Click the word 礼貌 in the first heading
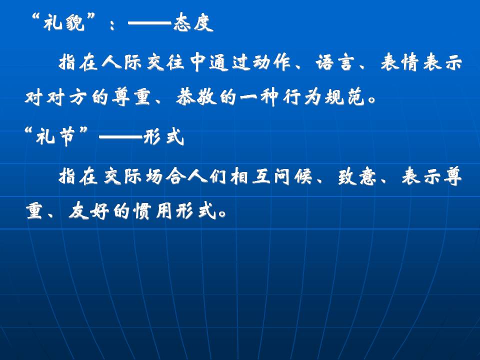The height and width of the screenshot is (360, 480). (63, 22)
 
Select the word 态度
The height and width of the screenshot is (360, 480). (193, 22)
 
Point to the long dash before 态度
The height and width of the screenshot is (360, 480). (149, 22)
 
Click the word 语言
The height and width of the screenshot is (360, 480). (334, 62)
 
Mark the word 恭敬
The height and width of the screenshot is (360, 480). (196, 97)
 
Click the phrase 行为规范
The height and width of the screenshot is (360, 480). (323, 97)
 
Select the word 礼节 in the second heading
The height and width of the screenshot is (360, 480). (55, 136)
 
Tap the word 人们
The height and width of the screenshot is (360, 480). (207, 176)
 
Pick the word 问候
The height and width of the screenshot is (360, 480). (292, 176)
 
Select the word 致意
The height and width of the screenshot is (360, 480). (357, 176)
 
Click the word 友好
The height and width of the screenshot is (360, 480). (89, 211)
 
